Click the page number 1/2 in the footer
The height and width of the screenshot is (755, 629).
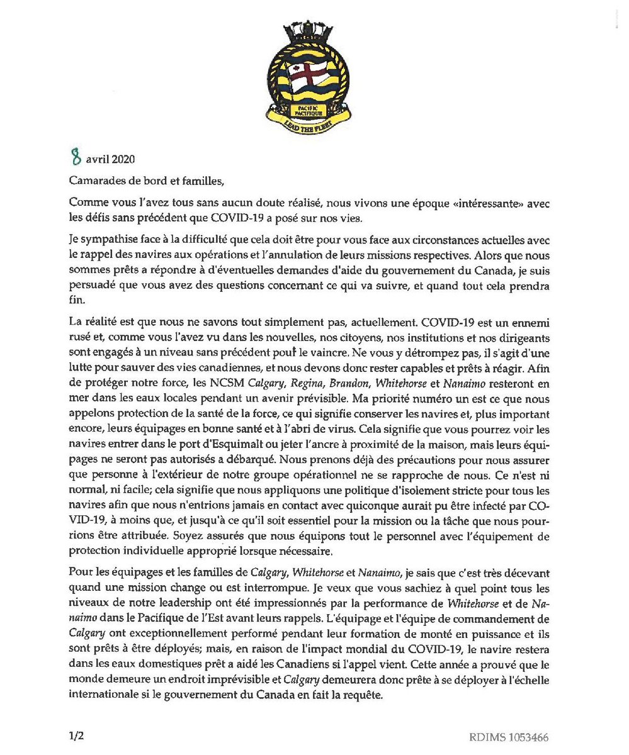tap(76, 735)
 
